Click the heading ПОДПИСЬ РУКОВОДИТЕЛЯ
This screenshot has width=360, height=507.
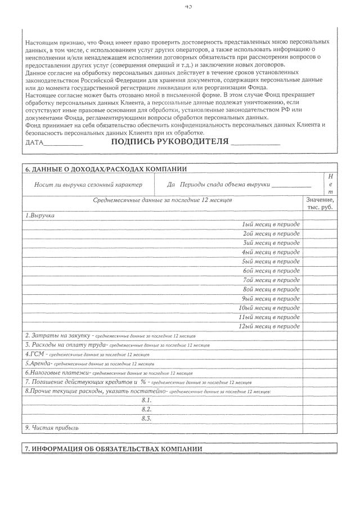(x=170, y=141)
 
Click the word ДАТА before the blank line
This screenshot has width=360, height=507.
(x=34, y=142)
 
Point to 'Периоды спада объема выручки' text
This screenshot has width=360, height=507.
(x=224, y=185)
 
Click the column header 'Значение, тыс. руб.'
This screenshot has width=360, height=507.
(x=319, y=204)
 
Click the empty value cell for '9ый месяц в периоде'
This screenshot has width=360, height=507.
(x=319, y=298)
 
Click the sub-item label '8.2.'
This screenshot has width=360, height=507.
(x=147, y=409)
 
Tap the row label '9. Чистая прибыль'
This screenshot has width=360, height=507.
(x=52, y=428)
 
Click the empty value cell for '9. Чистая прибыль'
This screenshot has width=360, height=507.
(x=319, y=428)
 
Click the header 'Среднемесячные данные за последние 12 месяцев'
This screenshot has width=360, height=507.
(x=163, y=200)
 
